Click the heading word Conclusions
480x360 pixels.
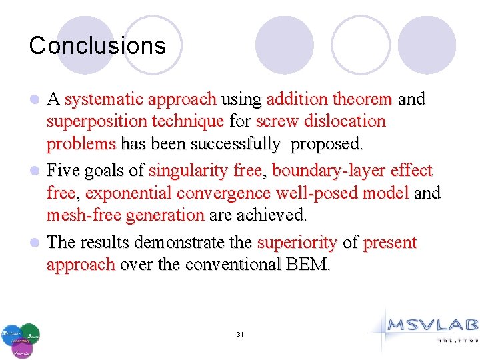[x=97, y=45]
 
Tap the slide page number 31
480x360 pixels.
[x=240, y=334]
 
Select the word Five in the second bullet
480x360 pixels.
[x=63, y=171]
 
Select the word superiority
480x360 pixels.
[x=297, y=242]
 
